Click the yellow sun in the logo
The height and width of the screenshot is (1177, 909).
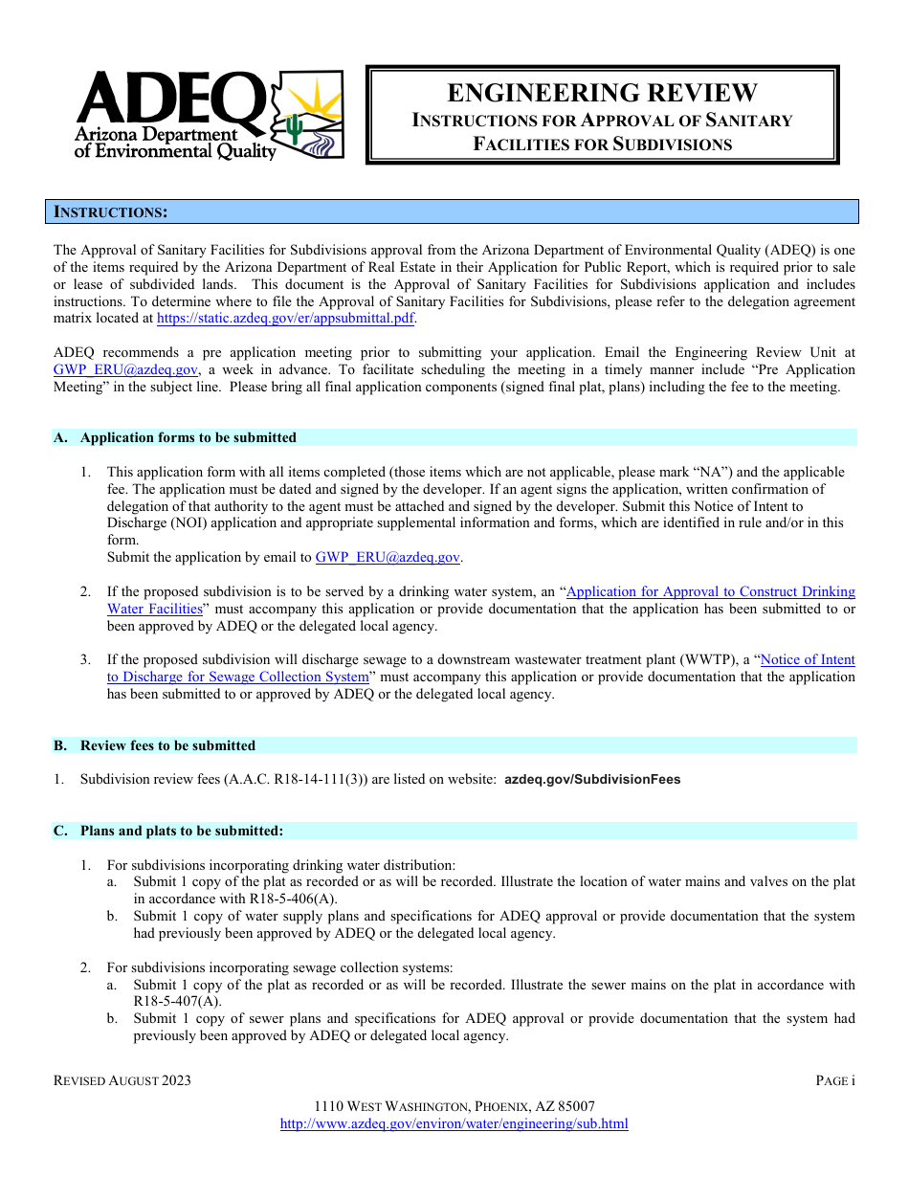[x=316, y=98]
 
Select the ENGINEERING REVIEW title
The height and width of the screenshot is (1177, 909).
[x=602, y=93]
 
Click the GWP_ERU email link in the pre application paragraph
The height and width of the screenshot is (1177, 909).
[x=126, y=369]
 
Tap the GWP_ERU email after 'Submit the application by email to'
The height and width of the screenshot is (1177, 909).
[x=388, y=557]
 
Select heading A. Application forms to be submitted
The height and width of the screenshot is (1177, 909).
[x=188, y=437]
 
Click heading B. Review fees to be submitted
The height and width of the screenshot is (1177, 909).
[x=167, y=745]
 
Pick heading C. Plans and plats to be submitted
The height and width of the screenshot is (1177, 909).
[x=181, y=831]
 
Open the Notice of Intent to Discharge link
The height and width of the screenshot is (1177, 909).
[x=808, y=659]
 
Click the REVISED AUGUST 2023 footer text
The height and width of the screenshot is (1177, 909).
[x=122, y=1080]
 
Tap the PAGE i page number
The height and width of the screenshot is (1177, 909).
[x=834, y=1080]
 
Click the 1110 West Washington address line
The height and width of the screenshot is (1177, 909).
[x=454, y=1106]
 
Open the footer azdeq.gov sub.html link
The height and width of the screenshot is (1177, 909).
[x=454, y=1123]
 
